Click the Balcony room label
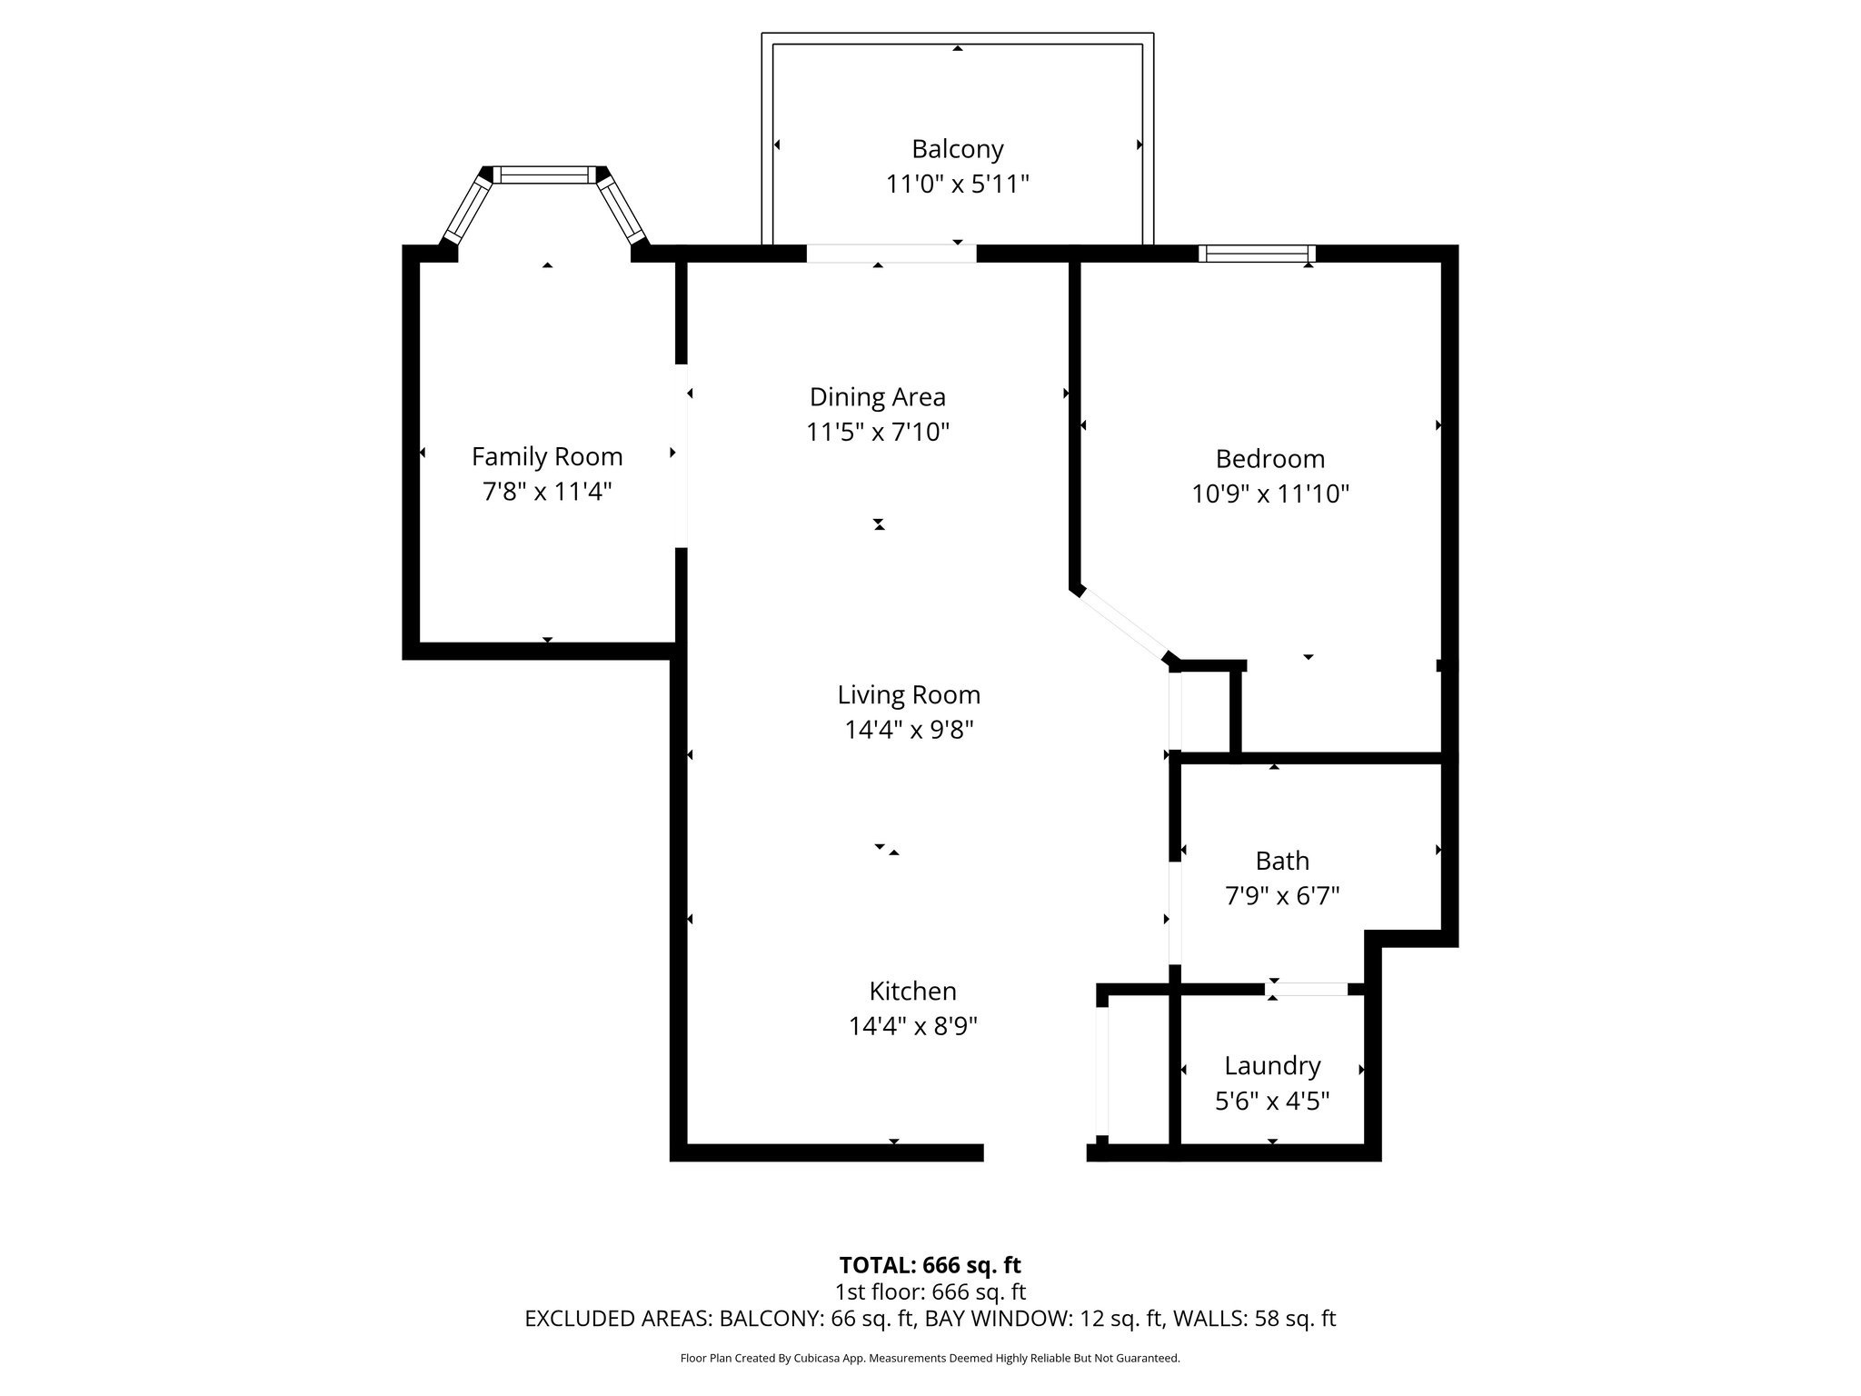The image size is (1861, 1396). point(957,149)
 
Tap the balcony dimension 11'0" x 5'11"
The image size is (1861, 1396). point(957,184)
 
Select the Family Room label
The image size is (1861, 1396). point(547,456)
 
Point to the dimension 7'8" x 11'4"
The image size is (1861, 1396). point(547,492)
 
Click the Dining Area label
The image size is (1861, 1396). point(878,397)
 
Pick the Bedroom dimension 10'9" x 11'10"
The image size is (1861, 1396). point(1270,494)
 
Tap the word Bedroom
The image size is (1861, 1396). point(1270,458)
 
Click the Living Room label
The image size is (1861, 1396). point(909,695)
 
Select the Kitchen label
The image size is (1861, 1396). point(912,991)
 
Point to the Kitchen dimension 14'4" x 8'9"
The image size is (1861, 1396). point(912,1026)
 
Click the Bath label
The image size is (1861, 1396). point(1282,861)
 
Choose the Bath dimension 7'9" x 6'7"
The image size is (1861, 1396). point(1282,896)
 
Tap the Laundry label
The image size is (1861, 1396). point(1272,1065)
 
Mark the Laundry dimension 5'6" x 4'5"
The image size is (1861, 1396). point(1272,1102)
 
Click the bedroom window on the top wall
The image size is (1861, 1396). point(1257,254)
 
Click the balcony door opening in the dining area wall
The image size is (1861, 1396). point(891,254)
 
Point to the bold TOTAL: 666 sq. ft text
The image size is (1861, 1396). point(930,1265)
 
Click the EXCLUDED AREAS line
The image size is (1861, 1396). point(930,1319)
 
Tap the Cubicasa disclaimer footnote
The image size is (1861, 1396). point(930,1359)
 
